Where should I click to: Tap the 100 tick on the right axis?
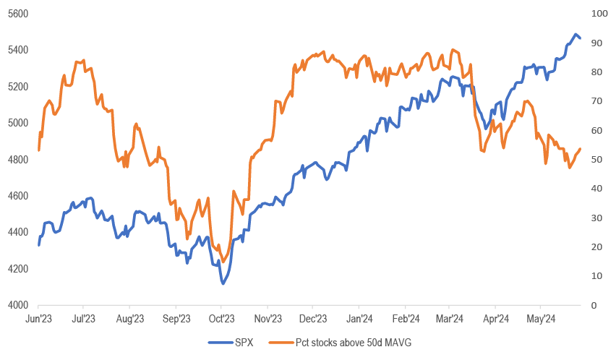tap(599, 14)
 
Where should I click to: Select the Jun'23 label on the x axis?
tap(38, 318)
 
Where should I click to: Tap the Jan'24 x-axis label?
tap(359, 318)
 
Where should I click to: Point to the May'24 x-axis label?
tap(541, 318)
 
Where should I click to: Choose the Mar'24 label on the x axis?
tap(450, 318)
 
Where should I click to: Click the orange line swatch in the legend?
tap(280, 342)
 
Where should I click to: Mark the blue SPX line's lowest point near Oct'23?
tap(223, 283)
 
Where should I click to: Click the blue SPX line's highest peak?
tap(576, 35)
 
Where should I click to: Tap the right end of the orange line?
tap(580, 149)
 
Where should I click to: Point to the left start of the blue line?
tap(38, 245)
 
